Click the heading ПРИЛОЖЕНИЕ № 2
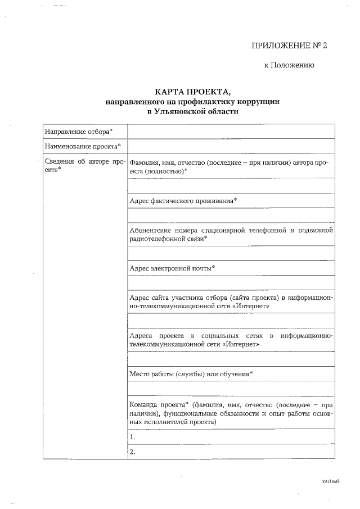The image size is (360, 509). click(289, 45)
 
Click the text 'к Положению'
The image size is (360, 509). click(289, 65)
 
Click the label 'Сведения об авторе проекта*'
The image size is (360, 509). click(83, 165)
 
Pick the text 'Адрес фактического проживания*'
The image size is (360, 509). click(183, 201)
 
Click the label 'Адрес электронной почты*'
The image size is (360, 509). click(172, 268)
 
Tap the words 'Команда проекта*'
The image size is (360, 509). click(158, 404)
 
